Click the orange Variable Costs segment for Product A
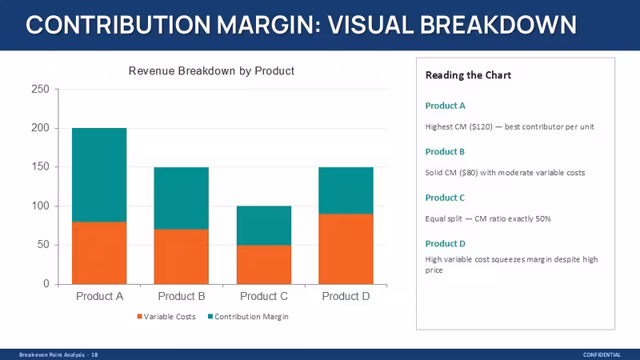pyautogui.click(x=99, y=253)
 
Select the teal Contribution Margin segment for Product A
pyautogui.click(x=99, y=175)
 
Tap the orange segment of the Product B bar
pyautogui.click(x=182, y=257)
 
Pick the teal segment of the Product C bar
pyautogui.click(x=264, y=226)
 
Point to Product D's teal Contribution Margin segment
pyautogui.click(x=346, y=190)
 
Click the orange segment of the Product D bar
pyautogui.click(x=346, y=249)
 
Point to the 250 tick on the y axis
pyautogui.click(x=40, y=89)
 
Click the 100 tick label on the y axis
pyautogui.click(x=40, y=206)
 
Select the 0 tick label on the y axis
pyautogui.click(x=46, y=284)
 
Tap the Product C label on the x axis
pyautogui.click(x=264, y=296)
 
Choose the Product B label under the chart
pyautogui.click(x=182, y=296)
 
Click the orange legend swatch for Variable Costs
pyautogui.click(x=139, y=317)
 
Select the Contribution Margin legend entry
pyautogui.click(x=248, y=317)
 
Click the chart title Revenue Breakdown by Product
pyautogui.click(x=211, y=71)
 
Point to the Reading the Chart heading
pyautogui.click(x=468, y=75)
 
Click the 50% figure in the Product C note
pyautogui.click(x=543, y=218)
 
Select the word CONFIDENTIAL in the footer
pyautogui.click(x=602, y=355)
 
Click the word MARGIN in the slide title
pyautogui.click(x=266, y=25)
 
